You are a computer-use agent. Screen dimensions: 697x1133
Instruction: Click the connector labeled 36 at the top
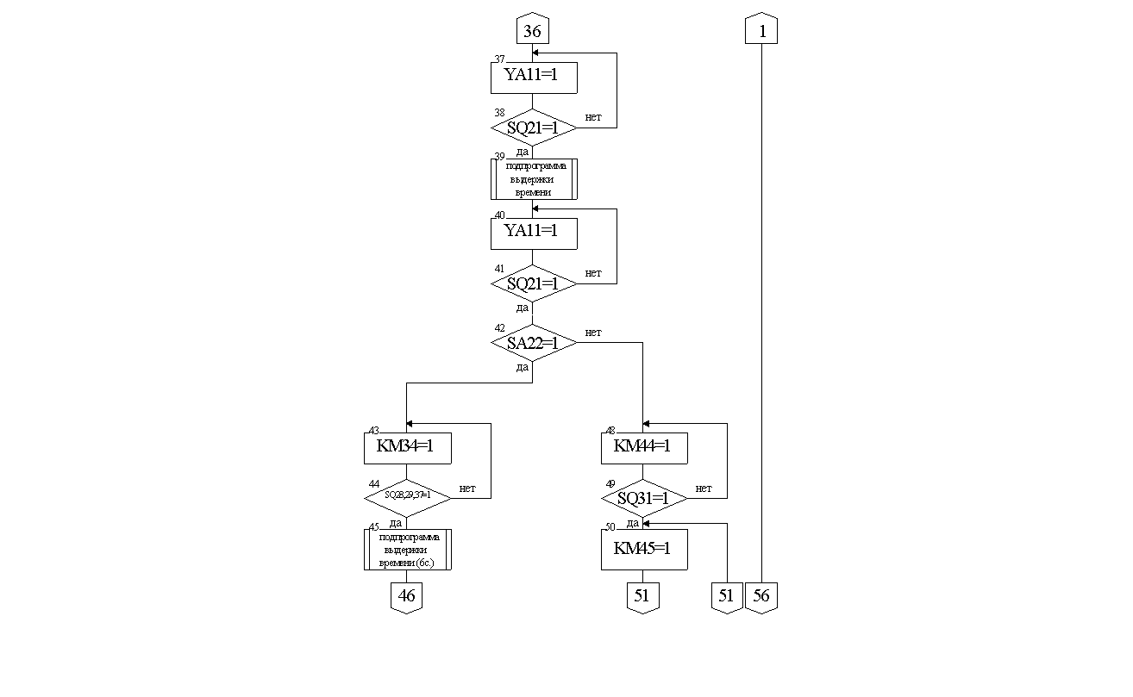532,31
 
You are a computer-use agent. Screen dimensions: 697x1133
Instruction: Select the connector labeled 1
761,31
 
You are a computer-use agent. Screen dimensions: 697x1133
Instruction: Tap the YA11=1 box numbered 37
533,76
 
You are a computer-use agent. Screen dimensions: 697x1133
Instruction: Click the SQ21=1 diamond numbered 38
533,128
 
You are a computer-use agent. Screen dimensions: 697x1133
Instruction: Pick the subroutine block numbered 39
533,178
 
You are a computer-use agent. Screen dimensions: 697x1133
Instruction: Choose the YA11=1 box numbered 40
533,232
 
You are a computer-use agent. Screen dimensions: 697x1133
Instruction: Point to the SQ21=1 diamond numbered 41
533,283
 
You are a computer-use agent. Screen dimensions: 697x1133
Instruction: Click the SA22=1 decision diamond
533,343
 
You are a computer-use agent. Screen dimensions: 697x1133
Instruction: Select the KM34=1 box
407,447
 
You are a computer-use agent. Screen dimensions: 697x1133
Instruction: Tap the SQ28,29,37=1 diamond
407,497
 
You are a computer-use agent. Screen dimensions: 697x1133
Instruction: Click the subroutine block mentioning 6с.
407,550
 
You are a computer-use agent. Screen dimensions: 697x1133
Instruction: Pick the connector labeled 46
407,596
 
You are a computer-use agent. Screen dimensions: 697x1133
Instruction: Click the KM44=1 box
643,447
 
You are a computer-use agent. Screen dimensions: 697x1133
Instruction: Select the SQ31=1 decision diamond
643,498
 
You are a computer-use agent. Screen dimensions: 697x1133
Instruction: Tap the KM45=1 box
643,549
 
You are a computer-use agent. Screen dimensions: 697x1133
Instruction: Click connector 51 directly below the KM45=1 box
642,596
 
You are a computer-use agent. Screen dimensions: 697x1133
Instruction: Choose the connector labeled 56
761,596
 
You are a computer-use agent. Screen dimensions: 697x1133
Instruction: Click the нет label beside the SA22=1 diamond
593,332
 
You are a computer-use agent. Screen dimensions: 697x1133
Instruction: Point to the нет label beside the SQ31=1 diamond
704,488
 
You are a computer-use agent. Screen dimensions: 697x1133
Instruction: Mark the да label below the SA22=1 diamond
523,367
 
